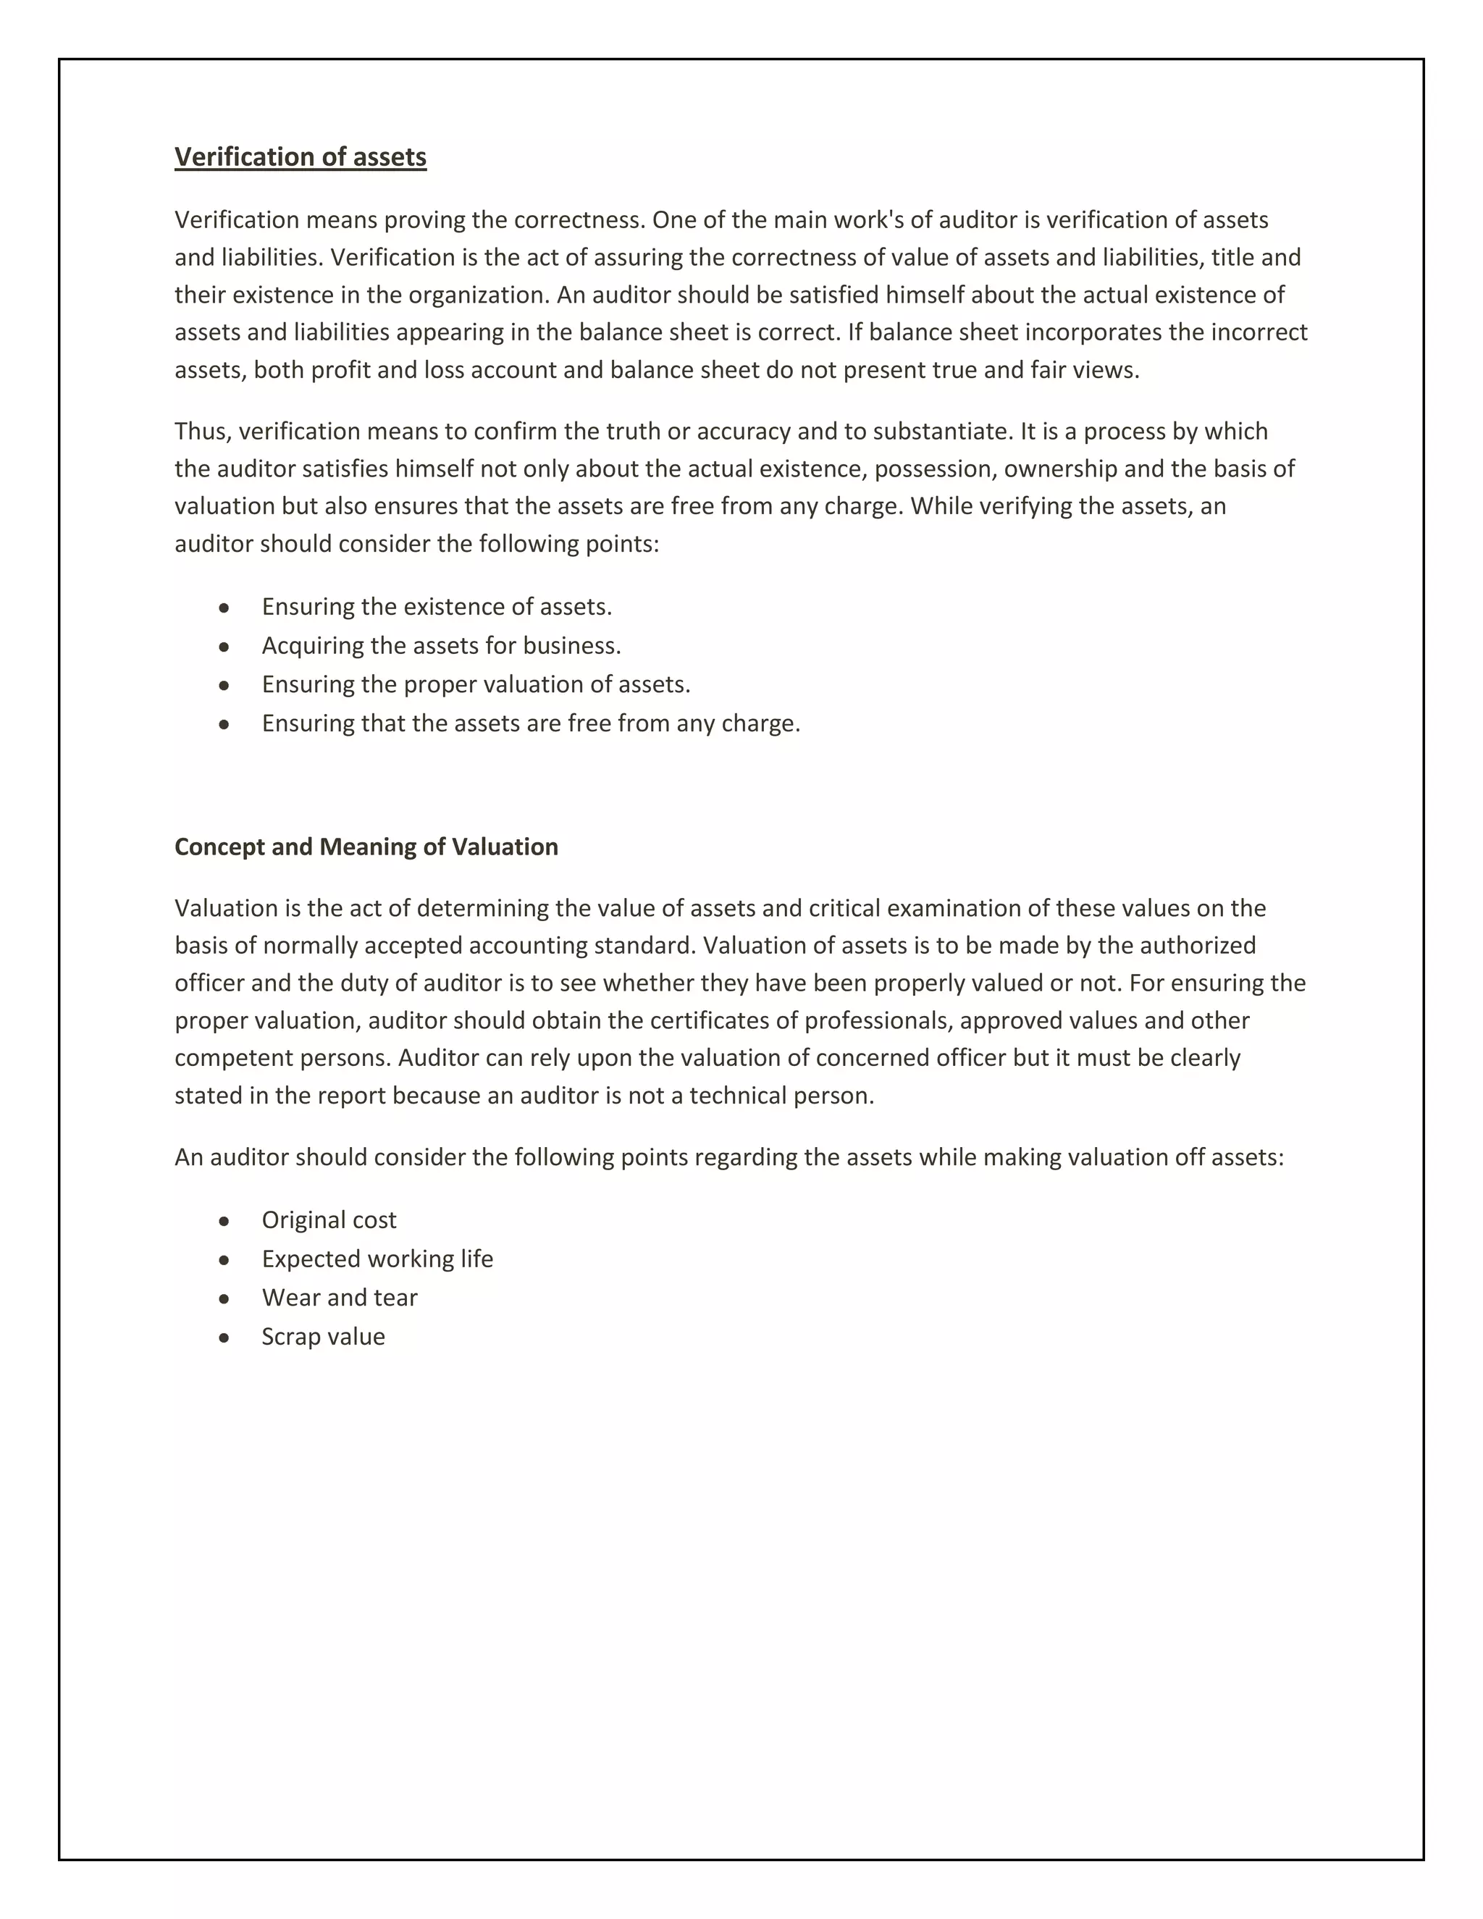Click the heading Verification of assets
click(301, 157)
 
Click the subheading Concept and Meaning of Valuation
click(366, 847)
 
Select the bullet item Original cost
click(329, 1220)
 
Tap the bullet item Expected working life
click(377, 1259)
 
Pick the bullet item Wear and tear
click(339, 1298)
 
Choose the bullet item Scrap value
click(323, 1338)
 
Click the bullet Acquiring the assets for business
click(441, 646)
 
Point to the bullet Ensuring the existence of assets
click(437, 607)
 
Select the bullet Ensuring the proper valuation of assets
click(476, 684)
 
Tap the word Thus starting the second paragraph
click(201, 432)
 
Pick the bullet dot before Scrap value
click(224, 1338)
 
